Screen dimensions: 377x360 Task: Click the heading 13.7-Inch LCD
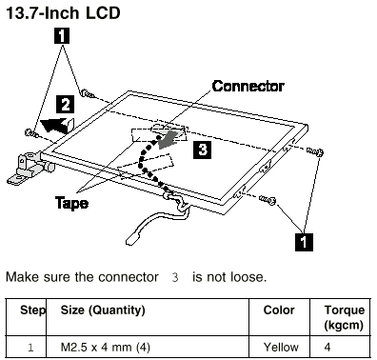[63, 13]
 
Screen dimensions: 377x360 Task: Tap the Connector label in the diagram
[248, 86]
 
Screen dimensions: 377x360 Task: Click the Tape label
[71, 203]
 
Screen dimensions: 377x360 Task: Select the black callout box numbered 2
[66, 105]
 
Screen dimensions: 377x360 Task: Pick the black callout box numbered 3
[202, 150]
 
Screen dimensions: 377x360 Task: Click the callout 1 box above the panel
[62, 35]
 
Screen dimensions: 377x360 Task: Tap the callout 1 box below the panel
[304, 242]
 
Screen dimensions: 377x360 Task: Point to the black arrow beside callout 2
[57, 124]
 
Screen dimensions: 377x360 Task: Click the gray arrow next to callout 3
[168, 140]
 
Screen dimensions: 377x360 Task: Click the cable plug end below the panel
[134, 237]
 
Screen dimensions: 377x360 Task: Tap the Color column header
[279, 310]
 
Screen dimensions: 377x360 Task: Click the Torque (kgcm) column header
[344, 317]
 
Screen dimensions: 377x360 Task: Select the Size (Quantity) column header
[103, 310]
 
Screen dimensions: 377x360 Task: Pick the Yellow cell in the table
[281, 347]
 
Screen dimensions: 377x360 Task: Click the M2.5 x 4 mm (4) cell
[105, 348]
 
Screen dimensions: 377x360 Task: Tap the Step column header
[33, 310]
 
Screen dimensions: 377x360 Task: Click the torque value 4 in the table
[327, 347]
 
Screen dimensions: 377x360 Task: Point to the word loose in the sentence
[248, 277]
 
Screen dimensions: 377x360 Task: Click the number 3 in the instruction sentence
[175, 277]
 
